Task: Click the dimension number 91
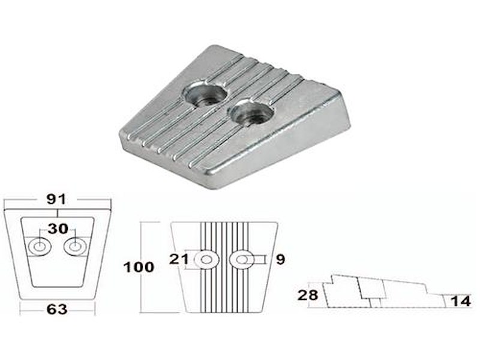[56, 200]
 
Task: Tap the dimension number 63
[57, 309]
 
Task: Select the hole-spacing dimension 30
[58, 229]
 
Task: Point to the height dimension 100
[139, 267]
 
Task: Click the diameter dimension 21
[179, 259]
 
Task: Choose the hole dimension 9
[280, 260]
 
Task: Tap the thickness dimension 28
[308, 295]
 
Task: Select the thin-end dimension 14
[461, 301]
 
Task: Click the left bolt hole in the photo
[205, 95]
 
